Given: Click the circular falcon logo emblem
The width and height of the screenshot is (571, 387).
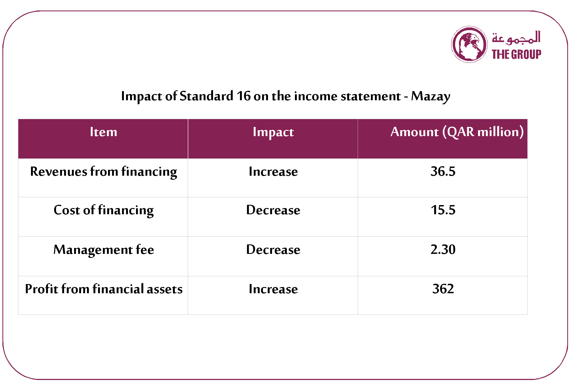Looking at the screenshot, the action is [x=469, y=44].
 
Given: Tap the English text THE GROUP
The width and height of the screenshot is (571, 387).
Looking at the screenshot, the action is [x=516, y=54].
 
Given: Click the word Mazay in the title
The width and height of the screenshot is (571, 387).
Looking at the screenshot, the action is [x=430, y=96].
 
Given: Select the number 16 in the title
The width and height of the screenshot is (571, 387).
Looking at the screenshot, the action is [x=243, y=96].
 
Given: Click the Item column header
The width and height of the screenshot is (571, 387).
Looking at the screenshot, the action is [x=103, y=132].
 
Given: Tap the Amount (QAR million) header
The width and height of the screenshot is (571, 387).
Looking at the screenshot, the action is [x=457, y=132].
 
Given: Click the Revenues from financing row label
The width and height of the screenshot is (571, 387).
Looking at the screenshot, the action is [x=103, y=172].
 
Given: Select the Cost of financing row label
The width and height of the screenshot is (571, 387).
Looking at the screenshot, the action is [x=103, y=210].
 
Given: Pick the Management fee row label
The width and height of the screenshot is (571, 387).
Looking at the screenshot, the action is [x=104, y=250].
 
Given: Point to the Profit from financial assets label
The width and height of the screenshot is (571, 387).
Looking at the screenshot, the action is [x=104, y=289].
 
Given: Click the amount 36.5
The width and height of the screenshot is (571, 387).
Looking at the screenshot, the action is [x=443, y=171].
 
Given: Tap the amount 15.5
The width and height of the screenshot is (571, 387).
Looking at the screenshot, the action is [x=443, y=210].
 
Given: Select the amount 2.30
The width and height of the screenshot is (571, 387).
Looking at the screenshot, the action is [x=443, y=249].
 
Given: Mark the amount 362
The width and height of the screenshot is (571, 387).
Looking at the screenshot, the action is [x=443, y=289].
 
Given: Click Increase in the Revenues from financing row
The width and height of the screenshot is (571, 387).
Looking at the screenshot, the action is [x=273, y=171].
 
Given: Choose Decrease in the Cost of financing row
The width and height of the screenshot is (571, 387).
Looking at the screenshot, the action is [x=273, y=210].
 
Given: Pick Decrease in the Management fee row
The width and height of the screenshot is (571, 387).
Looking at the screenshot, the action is [x=273, y=249].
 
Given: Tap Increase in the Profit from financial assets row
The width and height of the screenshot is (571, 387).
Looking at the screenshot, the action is [x=273, y=289].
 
